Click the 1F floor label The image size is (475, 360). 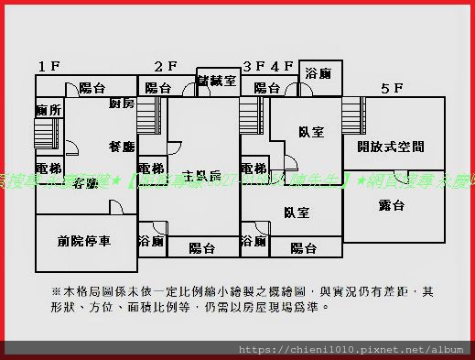click(x=49, y=66)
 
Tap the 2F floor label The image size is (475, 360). click(x=165, y=66)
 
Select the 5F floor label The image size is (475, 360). click(x=392, y=88)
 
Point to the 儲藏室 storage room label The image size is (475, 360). click(x=217, y=81)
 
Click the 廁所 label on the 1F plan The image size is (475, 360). click(x=49, y=111)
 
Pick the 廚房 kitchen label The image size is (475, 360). click(x=121, y=104)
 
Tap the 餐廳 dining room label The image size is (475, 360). click(x=122, y=147)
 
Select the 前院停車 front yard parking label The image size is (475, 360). click(x=83, y=241)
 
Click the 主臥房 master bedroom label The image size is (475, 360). click(x=201, y=175)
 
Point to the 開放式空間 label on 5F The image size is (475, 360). click(x=391, y=147)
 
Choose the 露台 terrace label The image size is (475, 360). click(x=391, y=205)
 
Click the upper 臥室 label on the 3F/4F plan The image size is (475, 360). click(x=310, y=132)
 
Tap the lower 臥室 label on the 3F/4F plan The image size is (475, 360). click(x=296, y=213)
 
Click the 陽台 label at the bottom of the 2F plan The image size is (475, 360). click(x=201, y=247)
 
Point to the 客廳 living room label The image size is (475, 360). click(x=85, y=183)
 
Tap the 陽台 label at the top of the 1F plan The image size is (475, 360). click(x=92, y=88)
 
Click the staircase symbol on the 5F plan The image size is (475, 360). click(x=351, y=116)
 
